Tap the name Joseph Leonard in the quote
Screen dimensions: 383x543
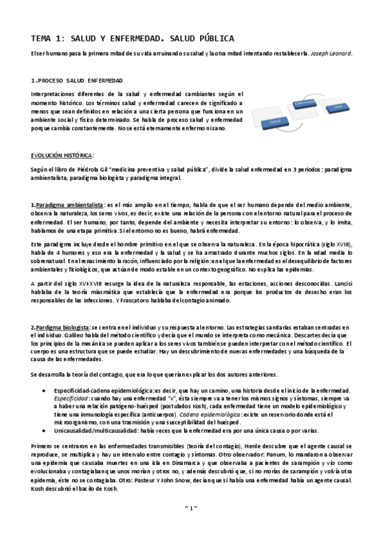332,54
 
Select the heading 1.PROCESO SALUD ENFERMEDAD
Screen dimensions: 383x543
77,81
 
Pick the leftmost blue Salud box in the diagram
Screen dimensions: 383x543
276,120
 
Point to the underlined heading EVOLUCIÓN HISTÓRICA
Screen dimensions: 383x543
62,154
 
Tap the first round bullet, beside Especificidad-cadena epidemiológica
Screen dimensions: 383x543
43,389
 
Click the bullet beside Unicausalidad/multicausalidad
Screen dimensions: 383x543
43,430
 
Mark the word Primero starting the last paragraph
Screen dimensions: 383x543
42,444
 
